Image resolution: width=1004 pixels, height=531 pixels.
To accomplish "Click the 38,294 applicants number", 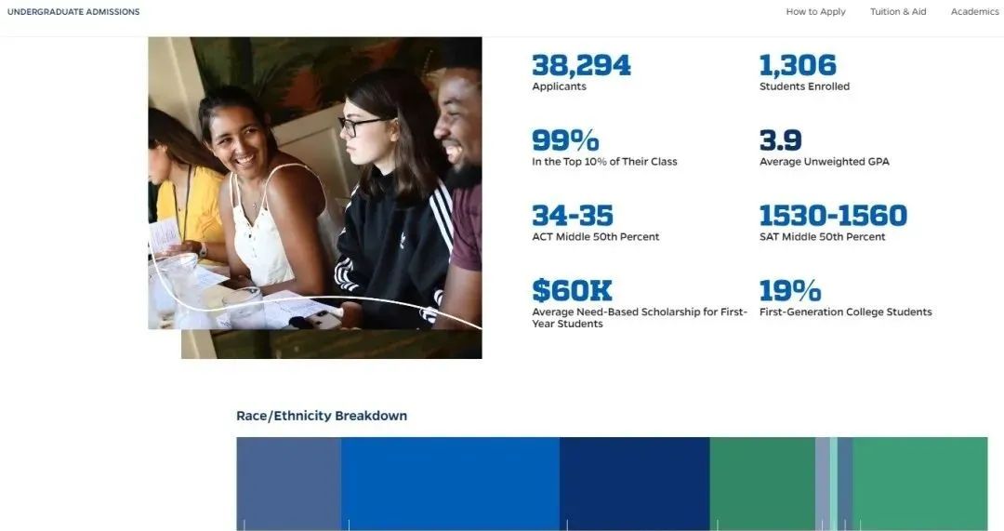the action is coord(581,65).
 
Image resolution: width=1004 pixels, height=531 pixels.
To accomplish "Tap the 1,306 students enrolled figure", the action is coord(798,65).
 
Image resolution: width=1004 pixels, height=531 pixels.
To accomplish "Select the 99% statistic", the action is coord(565,140).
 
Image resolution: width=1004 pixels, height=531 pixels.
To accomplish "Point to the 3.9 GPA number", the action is coord(781,140).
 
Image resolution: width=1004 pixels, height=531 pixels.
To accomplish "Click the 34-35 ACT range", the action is coord(573,215).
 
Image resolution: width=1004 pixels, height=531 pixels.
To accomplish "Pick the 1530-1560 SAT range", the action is coord(833,215).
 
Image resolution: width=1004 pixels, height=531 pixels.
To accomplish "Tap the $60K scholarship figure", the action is coord(572,290).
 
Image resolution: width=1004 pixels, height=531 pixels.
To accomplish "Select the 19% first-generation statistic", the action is coord(790,290).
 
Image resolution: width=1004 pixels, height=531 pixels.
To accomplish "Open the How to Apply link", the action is coord(816,11).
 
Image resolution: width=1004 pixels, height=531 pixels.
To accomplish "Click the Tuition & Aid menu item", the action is coord(898,11).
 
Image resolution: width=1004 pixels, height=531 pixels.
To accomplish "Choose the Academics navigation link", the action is coord(974,11).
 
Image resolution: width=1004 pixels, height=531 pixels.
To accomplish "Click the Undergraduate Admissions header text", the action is coord(73,11).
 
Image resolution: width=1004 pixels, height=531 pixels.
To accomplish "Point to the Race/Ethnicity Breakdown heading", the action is coord(322,416).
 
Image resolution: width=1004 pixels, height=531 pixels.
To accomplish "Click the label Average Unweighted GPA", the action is coord(824,162).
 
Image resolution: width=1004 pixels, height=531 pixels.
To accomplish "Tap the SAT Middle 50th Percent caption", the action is coord(822,236).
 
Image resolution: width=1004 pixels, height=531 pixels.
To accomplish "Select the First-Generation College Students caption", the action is coord(845,312).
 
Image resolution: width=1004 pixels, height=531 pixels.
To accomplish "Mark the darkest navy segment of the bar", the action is coord(635,484).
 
